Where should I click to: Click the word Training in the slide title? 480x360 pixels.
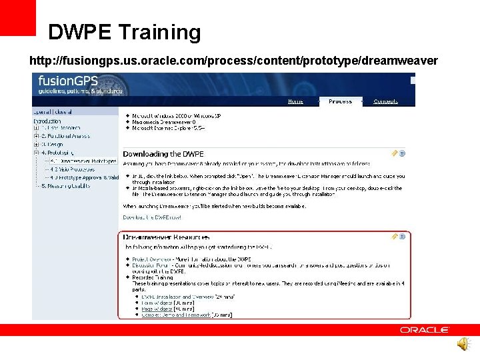pos(160,32)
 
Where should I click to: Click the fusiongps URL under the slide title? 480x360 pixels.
pos(233,61)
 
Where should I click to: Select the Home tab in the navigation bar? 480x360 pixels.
pos(295,101)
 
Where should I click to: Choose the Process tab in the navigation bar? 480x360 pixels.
pos(340,101)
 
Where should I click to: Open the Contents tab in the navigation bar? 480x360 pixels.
pos(385,101)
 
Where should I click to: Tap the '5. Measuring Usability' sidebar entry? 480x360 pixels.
pos(66,186)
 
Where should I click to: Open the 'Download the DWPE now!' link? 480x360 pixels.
pos(151,217)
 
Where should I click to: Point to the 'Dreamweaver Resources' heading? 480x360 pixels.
pos(167,237)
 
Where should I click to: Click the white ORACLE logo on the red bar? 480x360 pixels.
pos(425,330)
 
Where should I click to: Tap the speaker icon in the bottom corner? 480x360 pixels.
pos(463,344)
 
